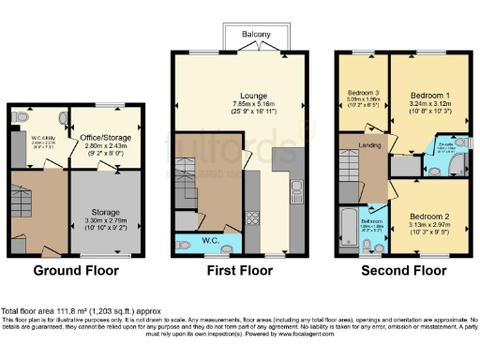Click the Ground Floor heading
tap(75, 272)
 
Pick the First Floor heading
tap(240, 272)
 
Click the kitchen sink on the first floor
tap(294, 191)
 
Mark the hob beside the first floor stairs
tap(251, 218)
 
